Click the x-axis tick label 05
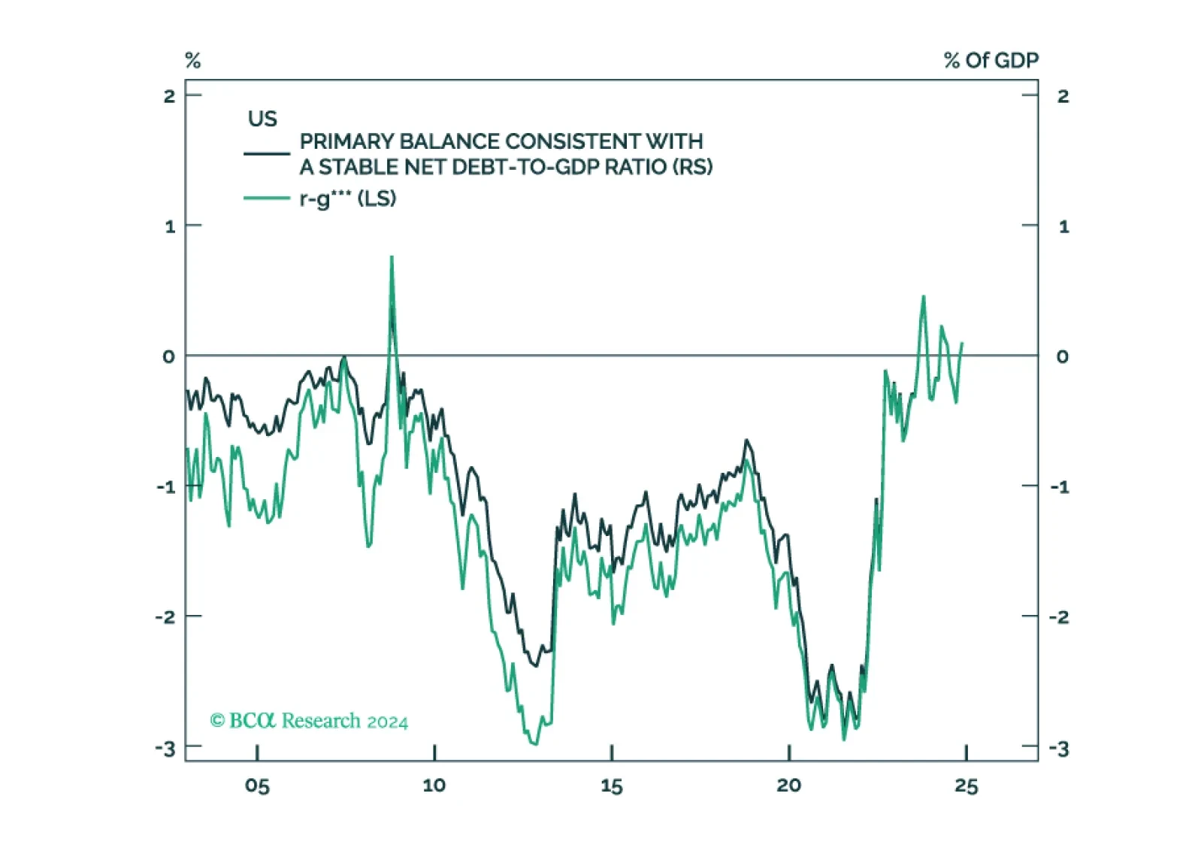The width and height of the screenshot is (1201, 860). [257, 786]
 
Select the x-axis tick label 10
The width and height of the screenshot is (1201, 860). [434, 786]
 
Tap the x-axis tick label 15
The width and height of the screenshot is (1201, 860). [612, 786]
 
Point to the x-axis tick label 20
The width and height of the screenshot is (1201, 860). [789, 786]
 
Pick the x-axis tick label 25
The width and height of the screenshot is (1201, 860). [967, 786]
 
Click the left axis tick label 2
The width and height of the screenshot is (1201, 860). [169, 96]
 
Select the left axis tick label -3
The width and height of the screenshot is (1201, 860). [165, 749]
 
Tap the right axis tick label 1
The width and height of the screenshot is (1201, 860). [1064, 227]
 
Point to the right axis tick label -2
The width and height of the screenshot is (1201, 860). [1060, 618]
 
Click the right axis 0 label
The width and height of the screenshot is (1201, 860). [1063, 356]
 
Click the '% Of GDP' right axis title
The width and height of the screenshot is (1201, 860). [991, 61]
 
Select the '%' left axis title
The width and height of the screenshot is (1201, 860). [193, 61]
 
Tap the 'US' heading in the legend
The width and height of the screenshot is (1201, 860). [262, 119]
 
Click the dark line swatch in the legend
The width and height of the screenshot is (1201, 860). [267, 154]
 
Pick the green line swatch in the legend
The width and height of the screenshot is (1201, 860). [267, 198]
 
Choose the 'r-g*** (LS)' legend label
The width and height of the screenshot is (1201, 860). [348, 199]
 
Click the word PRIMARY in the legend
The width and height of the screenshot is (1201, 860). [347, 141]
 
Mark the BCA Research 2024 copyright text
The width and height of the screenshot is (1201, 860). [310, 721]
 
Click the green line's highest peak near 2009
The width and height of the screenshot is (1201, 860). [392, 257]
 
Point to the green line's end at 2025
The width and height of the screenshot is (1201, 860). [963, 343]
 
